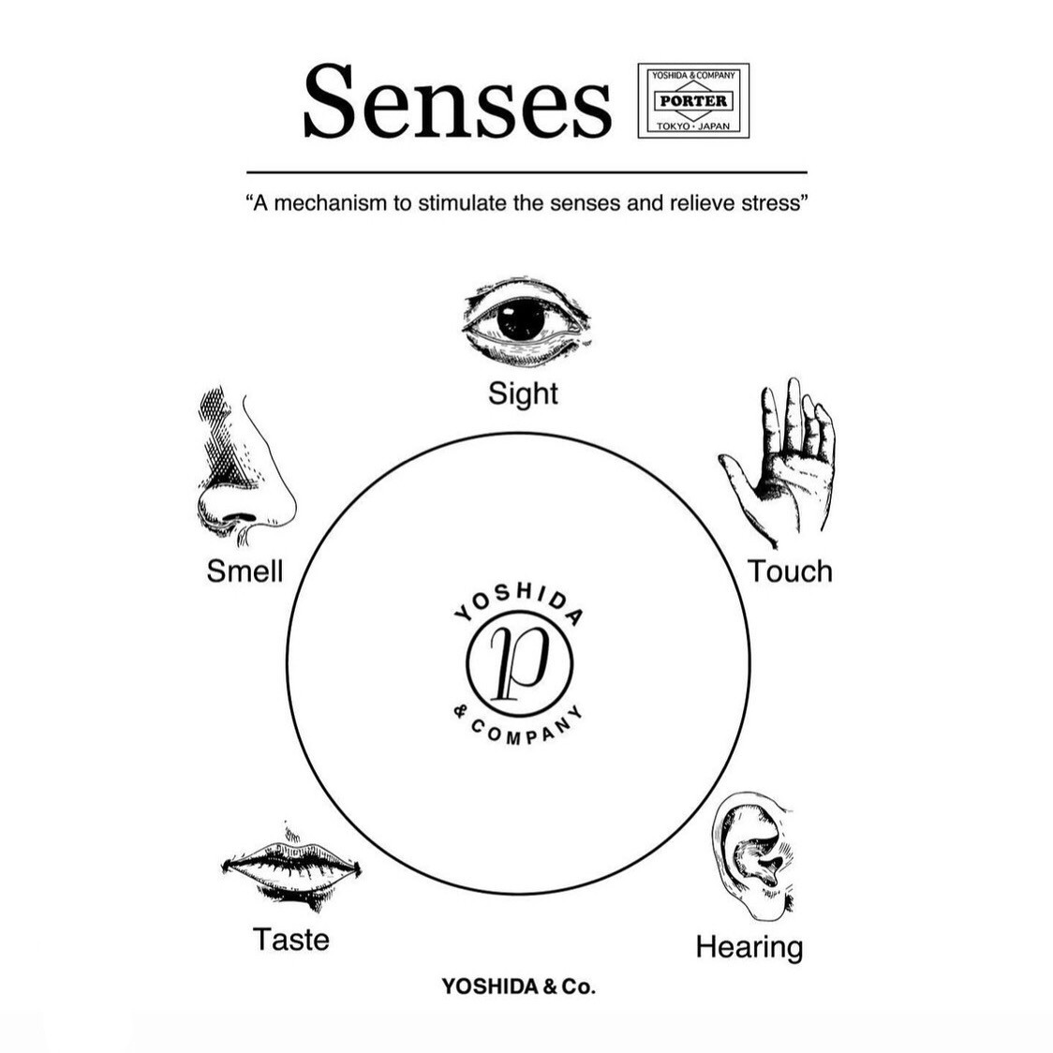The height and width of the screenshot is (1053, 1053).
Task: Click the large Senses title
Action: [x=456, y=101]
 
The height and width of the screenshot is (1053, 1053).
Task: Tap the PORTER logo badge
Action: [x=693, y=101]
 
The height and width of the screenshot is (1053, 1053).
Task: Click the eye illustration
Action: [x=526, y=321]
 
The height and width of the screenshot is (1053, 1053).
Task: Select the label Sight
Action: [x=523, y=393]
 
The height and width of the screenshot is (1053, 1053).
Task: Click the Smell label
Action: [x=245, y=571]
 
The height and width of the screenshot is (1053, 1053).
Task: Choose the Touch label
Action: [x=790, y=571]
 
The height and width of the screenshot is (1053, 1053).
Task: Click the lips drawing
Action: [x=291, y=869]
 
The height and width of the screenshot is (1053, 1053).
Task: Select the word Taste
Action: [x=290, y=939]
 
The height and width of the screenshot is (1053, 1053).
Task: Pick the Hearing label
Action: [x=749, y=947]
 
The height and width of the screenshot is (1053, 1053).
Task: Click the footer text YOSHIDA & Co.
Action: [x=518, y=986]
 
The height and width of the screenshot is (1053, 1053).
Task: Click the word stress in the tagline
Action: [x=772, y=202]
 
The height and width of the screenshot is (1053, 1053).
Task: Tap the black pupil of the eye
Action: [x=521, y=319]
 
